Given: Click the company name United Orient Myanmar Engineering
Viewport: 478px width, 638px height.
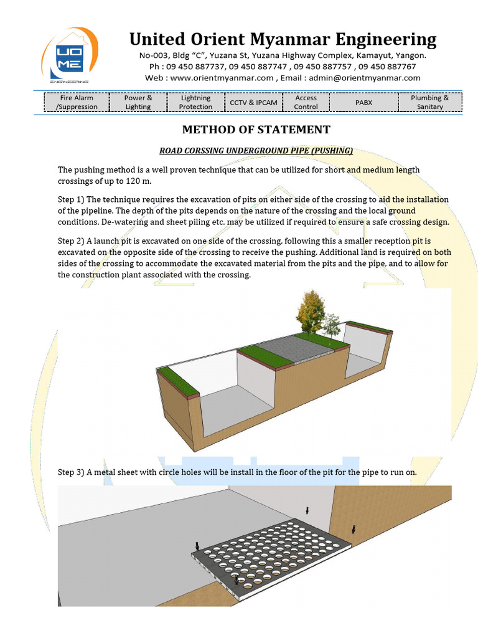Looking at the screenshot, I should (x=283, y=39).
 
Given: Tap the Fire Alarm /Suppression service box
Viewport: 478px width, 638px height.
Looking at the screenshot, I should (x=77, y=102).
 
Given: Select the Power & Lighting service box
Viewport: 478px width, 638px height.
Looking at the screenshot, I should (x=138, y=102).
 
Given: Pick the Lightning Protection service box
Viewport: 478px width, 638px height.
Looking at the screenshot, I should (x=195, y=102).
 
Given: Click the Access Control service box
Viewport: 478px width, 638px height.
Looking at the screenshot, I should (x=306, y=102).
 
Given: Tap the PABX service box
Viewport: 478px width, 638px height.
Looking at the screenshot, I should (x=363, y=102).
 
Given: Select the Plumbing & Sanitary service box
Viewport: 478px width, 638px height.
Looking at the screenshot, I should (x=429, y=102).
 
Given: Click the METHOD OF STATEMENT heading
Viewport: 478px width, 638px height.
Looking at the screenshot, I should (x=255, y=130).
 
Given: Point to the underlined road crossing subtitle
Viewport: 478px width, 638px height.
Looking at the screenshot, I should (x=256, y=150).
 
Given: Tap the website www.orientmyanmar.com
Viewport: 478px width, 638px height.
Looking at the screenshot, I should (x=221, y=78).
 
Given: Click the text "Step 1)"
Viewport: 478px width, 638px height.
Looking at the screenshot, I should (x=70, y=199).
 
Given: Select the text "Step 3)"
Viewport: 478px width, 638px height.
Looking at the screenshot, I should (x=70, y=472).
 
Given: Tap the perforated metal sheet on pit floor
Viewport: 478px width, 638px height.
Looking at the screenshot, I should (x=268, y=555).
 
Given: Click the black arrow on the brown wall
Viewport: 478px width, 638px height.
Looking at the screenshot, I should (x=354, y=529).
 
